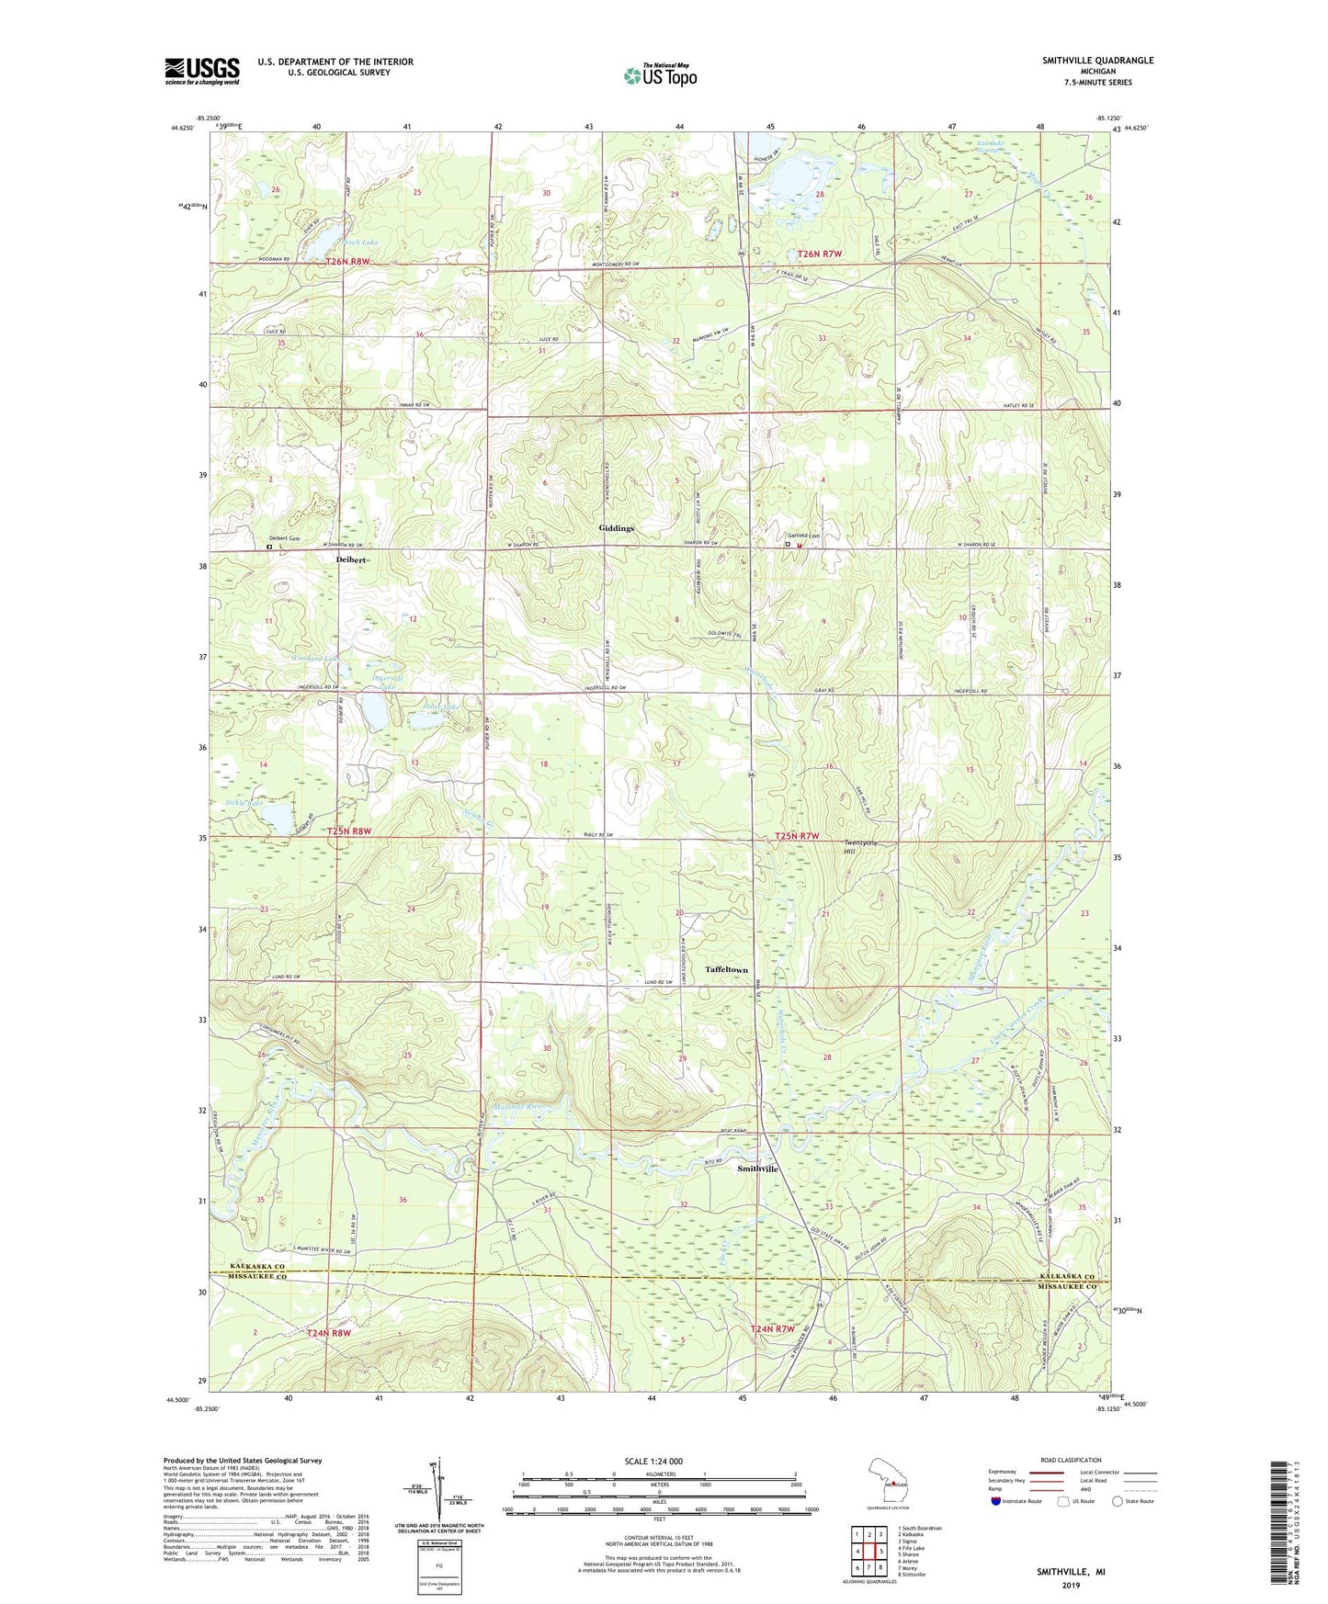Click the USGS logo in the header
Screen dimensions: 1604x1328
202,71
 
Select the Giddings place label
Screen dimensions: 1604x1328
617,528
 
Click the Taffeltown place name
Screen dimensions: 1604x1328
726,970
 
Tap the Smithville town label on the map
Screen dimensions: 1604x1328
758,1169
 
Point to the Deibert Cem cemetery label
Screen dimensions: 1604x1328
285,538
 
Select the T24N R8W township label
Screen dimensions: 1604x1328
329,1333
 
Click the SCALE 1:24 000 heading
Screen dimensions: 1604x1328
653,1462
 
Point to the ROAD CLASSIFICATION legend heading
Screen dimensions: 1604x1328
1072,1460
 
